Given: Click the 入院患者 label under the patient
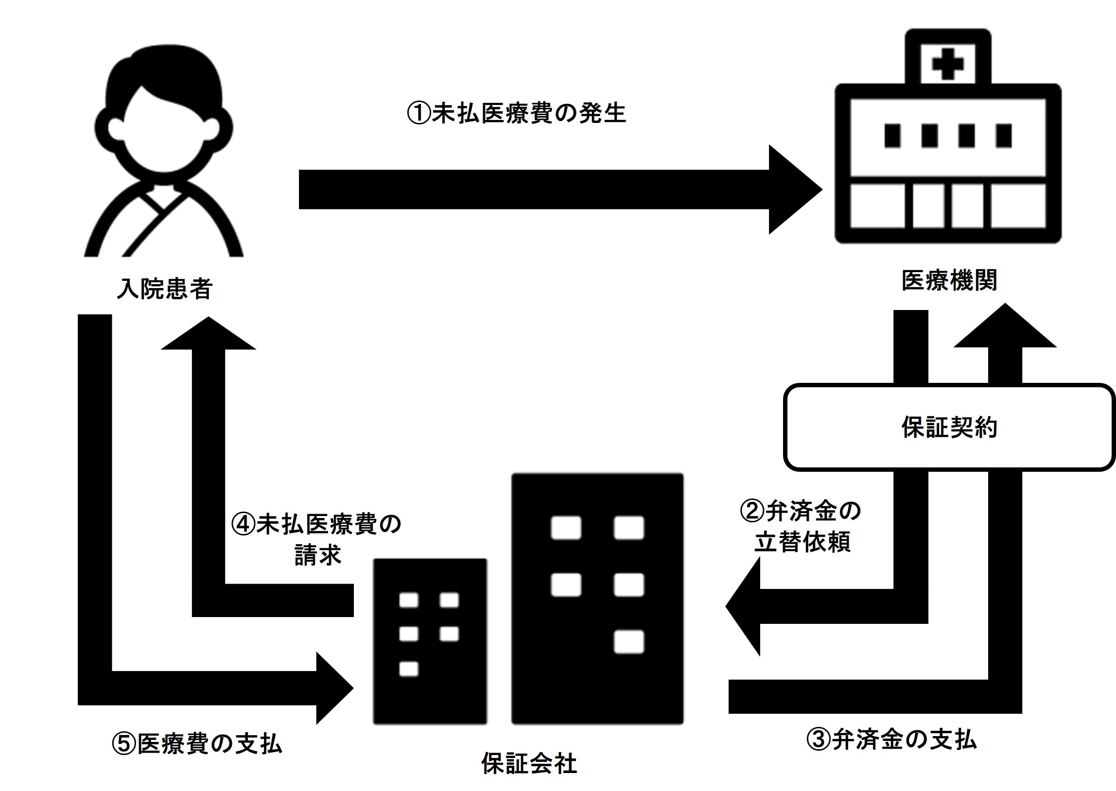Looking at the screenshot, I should (x=165, y=288).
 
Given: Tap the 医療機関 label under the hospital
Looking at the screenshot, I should (x=949, y=280).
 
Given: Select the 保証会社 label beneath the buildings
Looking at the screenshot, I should (x=529, y=763).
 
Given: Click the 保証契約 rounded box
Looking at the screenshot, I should (x=949, y=427).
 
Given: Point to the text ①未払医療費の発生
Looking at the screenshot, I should (x=516, y=114).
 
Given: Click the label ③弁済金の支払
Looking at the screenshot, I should (x=891, y=739).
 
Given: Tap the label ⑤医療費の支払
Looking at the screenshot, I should (x=197, y=744).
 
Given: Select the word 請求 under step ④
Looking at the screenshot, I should (x=317, y=555).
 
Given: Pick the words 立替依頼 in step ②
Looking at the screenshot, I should (x=803, y=541).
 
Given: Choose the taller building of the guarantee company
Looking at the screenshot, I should (x=597, y=599).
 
